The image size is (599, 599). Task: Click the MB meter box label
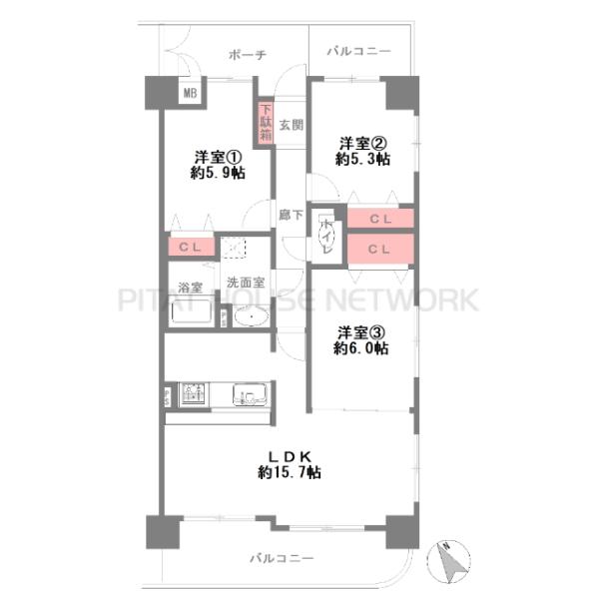(x=191, y=93)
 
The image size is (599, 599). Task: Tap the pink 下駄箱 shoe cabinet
(x=266, y=123)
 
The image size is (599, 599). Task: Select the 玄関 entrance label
(x=292, y=125)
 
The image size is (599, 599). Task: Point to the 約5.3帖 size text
(x=362, y=159)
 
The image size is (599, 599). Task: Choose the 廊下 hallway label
(x=291, y=215)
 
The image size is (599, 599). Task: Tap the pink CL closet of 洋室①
(x=191, y=247)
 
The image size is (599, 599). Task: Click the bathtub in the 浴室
(x=191, y=311)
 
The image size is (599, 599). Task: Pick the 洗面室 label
(x=246, y=283)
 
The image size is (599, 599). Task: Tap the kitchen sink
(x=250, y=394)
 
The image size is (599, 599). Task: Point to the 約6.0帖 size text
(x=361, y=348)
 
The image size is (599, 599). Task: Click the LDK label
(x=291, y=456)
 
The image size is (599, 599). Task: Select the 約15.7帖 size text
(x=290, y=473)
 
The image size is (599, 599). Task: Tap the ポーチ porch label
(x=248, y=55)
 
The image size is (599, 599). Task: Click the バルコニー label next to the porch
(x=359, y=51)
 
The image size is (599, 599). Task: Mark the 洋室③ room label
(x=361, y=332)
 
